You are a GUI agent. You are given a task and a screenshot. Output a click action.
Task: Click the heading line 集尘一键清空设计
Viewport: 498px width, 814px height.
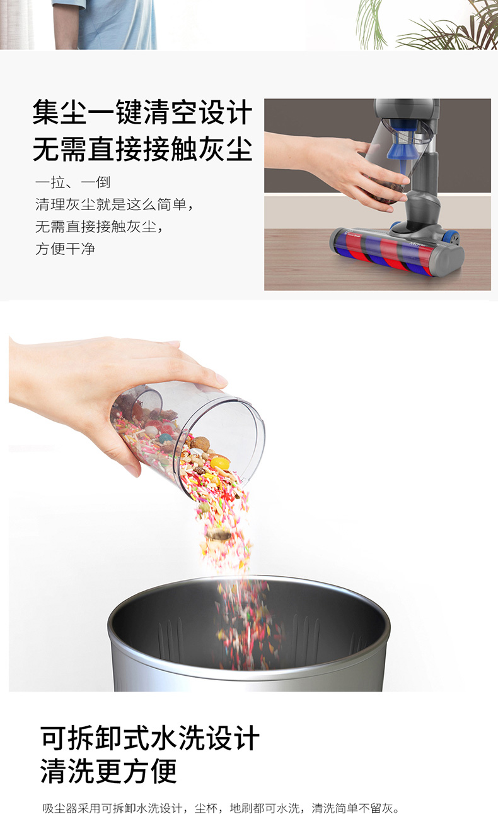(142, 112)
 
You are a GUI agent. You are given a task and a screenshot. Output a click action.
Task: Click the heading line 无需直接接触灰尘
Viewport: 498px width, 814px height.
(142, 149)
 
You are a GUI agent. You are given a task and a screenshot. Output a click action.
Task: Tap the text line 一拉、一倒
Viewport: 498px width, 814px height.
(72, 182)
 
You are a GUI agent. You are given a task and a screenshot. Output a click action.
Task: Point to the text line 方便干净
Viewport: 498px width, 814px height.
(66, 249)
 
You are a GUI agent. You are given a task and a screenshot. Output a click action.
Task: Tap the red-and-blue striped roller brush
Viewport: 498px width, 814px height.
(385, 254)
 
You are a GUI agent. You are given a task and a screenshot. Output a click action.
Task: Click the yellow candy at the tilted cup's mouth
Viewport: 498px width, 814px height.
(219, 463)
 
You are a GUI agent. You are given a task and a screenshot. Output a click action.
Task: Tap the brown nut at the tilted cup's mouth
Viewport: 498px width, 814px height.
(200, 444)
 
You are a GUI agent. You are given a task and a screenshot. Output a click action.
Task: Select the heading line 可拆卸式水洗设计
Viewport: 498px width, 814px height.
(150, 738)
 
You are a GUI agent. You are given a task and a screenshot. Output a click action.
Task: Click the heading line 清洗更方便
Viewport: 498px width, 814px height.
(108, 771)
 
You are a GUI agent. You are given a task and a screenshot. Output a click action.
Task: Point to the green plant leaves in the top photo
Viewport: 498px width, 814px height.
(428, 25)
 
